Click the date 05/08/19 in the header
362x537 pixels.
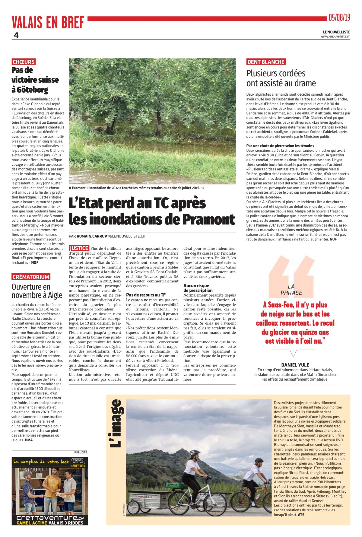coord(339,18)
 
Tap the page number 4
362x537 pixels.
coord(16,35)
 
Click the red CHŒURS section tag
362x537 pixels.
coord(24,62)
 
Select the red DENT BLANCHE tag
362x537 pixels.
coord(266,62)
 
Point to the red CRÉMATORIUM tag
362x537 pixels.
coord(31,277)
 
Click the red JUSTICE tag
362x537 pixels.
coord(79,248)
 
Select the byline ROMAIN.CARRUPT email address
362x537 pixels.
coord(111,236)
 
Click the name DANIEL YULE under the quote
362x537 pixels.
coord(295,365)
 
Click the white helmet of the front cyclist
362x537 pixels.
coord(194,453)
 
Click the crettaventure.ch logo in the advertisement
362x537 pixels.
coord(50,518)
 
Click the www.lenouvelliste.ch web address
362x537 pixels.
coord(335,37)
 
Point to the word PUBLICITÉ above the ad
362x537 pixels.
coord(81,452)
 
